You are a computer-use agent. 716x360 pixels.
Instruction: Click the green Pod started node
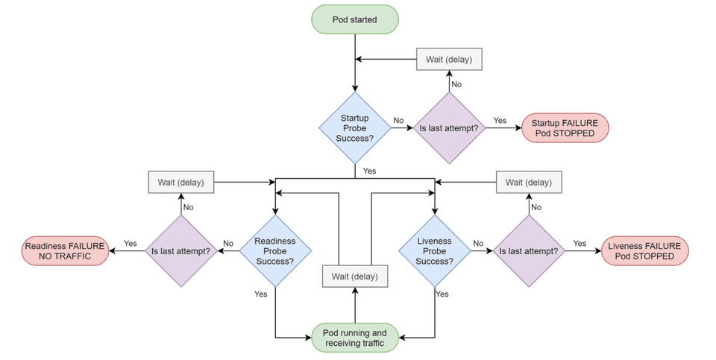[x=355, y=20]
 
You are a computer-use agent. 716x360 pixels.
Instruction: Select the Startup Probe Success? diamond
[x=355, y=128]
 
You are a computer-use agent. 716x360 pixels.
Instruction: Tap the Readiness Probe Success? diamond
[x=275, y=251]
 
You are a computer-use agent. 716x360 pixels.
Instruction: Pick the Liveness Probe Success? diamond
[x=435, y=251]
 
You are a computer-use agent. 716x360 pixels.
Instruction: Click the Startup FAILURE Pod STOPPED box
[x=565, y=128]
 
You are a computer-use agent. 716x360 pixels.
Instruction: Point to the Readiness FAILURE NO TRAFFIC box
[x=65, y=251]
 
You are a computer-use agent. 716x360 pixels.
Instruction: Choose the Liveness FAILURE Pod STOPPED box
[x=644, y=251]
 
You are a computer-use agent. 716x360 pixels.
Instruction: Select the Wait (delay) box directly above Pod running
[x=355, y=277]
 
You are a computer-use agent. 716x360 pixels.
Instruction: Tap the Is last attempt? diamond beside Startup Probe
[x=450, y=128]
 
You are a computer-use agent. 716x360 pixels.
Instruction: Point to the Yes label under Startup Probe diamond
[x=369, y=171]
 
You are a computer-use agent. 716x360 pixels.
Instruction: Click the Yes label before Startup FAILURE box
[x=500, y=120]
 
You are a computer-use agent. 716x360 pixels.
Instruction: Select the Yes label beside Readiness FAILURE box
[x=131, y=243]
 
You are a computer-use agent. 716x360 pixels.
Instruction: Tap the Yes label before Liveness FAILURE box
[x=580, y=243]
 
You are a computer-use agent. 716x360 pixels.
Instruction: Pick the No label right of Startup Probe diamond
[x=399, y=120]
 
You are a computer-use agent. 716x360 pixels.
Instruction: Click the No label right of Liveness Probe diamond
[x=478, y=243]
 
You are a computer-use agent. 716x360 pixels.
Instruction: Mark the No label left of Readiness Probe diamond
[x=228, y=243]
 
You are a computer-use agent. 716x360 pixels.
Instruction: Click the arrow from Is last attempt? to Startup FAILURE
[x=503, y=128]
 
